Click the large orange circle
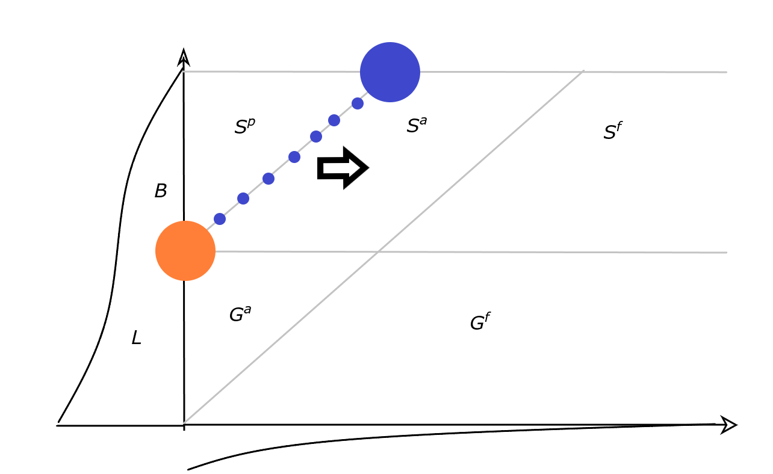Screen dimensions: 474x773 185,251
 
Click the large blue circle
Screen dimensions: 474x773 390,72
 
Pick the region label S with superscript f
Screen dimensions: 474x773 612,132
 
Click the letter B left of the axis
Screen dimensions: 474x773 160,191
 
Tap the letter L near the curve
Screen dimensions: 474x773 137,339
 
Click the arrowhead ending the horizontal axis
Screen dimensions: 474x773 729,425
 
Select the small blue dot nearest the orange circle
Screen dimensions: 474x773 220,219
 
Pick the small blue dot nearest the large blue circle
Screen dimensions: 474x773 358,103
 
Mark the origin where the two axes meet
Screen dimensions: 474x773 184,425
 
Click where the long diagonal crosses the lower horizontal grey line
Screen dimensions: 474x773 377,252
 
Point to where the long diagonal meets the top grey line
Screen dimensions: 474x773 583,72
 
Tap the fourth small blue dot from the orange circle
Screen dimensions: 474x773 294,157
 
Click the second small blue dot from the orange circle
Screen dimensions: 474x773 243,199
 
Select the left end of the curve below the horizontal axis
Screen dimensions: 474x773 189,469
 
